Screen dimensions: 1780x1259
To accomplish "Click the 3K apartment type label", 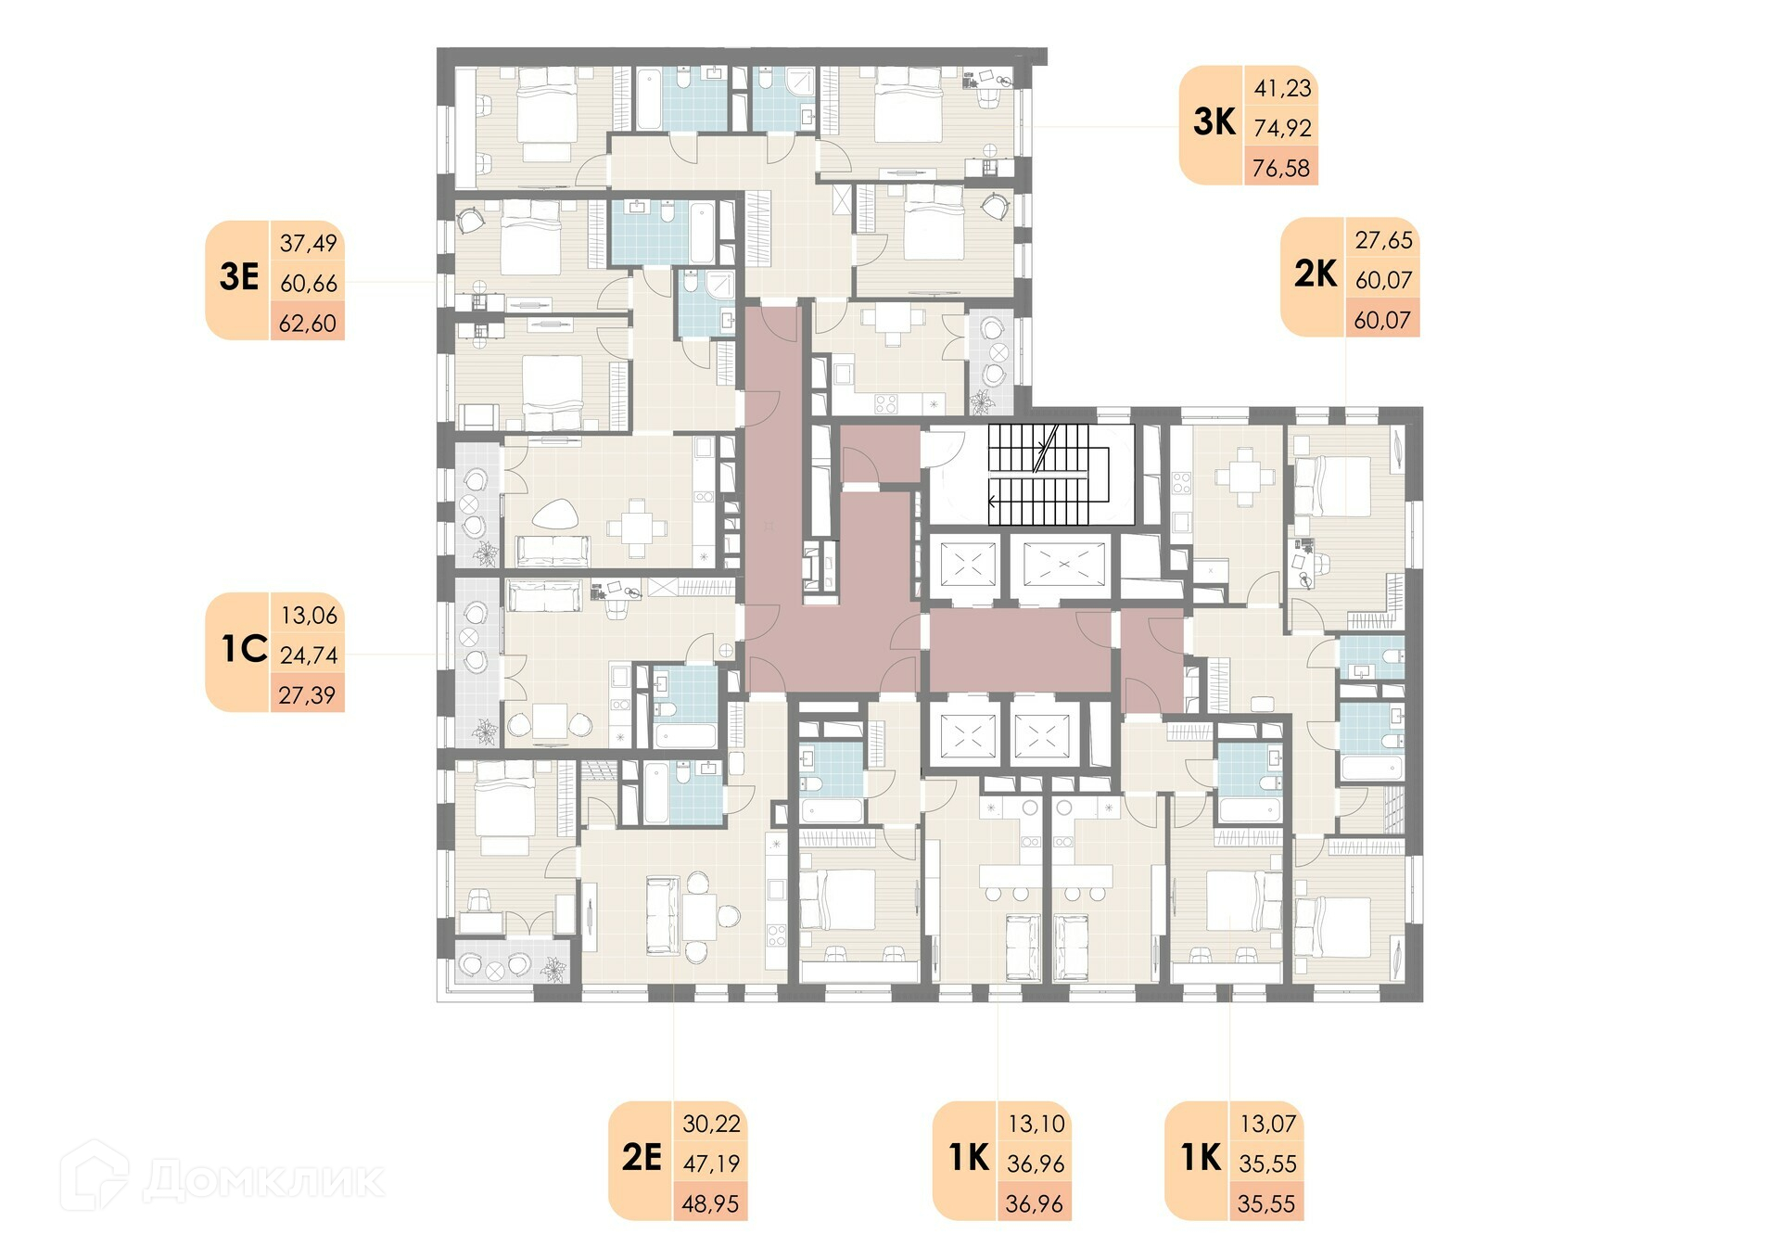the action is tap(1214, 121).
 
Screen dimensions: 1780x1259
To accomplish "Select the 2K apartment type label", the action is tap(1316, 273).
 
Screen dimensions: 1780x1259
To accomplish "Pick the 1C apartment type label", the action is tap(244, 649).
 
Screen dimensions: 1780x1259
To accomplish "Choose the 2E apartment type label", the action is tap(642, 1157).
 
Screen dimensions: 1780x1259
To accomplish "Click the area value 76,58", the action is tap(1281, 168).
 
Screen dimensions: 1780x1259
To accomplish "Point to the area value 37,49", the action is tap(308, 243).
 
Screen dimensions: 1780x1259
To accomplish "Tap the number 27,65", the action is tap(1384, 240).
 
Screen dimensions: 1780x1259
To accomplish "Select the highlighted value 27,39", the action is tap(307, 694).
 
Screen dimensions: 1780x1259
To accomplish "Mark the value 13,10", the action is tap(1036, 1124).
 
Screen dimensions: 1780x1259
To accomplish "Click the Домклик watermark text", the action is tap(263, 1180).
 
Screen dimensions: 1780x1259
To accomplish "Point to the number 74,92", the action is tap(1283, 128).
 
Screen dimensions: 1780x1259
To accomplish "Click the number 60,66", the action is tap(309, 283).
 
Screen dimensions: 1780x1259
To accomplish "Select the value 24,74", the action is tap(309, 655).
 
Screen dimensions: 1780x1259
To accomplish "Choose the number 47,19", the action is tap(711, 1163).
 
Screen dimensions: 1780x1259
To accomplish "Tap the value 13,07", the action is tap(1268, 1124).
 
